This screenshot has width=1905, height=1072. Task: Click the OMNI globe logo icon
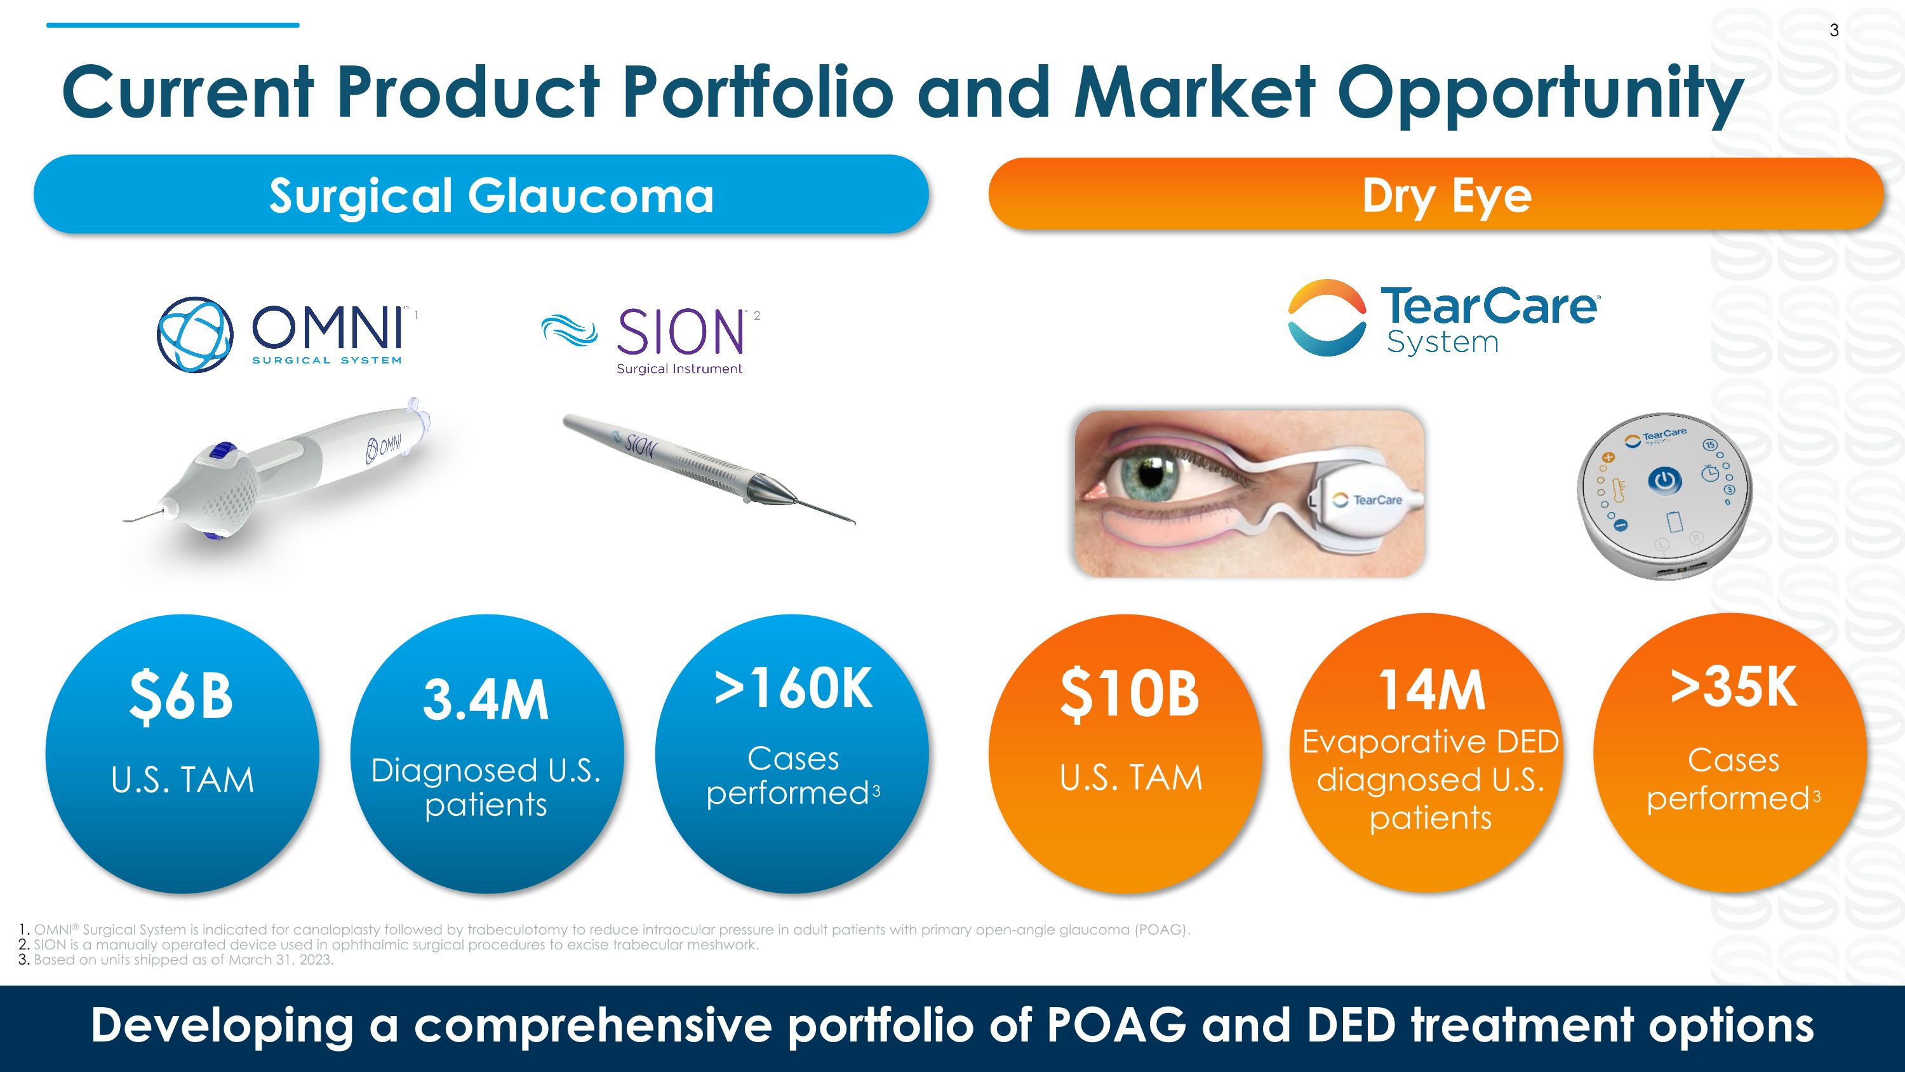[195, 334]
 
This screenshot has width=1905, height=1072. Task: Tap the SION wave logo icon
[569, 330]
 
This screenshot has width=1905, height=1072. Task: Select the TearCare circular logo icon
[1327, 317]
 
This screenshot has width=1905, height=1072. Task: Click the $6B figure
[181, 695]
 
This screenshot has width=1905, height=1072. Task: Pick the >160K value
[792, 688]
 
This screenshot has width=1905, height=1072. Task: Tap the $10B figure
[1129, 694]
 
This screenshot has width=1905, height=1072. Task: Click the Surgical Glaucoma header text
[491, 196]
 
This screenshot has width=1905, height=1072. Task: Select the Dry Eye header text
[1447, 197]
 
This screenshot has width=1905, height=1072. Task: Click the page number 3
[1834, 31]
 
